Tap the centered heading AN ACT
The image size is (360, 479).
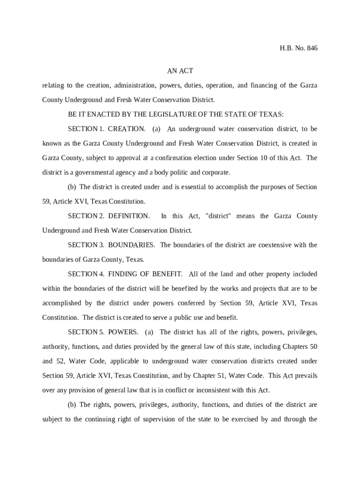pos(180,71)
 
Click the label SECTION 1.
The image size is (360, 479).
pos(86,129)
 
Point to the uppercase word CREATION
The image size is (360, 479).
pos(127,129)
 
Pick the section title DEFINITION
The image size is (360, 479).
pos(129,216)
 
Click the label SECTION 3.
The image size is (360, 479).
pos(86,245)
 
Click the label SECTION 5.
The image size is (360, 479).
pos(86,333)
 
